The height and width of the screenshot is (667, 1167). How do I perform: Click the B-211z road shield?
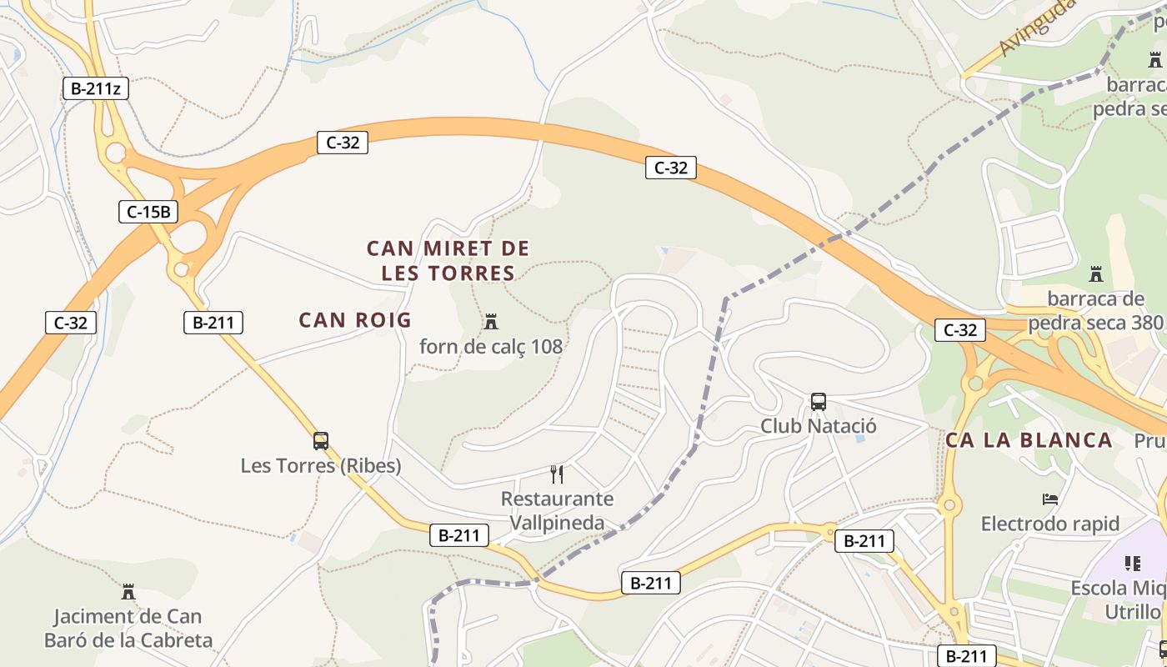[x=96, y=88]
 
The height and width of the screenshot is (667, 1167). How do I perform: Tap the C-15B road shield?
[x=148, y=212]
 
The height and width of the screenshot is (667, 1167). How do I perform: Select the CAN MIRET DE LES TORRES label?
[x=448, y=260]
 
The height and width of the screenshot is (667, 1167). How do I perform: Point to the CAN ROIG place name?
[x=355, y=319]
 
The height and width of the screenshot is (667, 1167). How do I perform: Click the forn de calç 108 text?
[x=491, y=346]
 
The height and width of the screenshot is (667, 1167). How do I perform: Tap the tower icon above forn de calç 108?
[x=491, y=321]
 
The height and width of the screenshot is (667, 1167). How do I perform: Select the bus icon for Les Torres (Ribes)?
[x=321, y=441]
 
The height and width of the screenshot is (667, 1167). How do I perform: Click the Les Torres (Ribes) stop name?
[x=321, y=465]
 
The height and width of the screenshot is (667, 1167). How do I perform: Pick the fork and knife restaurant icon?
[x=557, y=474]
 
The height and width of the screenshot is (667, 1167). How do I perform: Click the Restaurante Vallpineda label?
[x=557, y=510]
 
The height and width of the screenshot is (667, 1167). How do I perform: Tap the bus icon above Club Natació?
[x=819, y=402]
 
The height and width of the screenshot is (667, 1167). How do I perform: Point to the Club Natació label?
[x=819, y=426]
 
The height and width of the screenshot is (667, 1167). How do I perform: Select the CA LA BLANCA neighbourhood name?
[x=1029, y=440]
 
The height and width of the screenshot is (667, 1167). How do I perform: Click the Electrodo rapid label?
[x=1050, y=524]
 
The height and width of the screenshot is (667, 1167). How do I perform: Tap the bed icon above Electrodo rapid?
[x=1050, y=499]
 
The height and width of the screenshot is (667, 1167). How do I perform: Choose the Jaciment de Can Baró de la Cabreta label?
[x=128, y=628]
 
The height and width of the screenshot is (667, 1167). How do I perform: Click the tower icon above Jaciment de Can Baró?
[x=128, y=592]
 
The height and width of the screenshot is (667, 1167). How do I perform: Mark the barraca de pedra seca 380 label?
[x=1095, y=310]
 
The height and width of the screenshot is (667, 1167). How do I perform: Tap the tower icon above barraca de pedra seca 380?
[x=1096, y=274]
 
